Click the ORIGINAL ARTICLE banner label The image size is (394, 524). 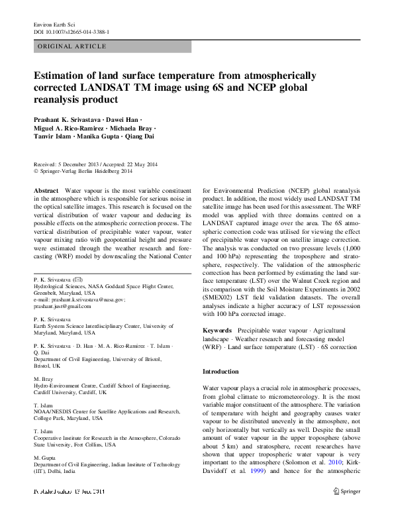tap(72, 46)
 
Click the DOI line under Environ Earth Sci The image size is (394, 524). tap(71, 31)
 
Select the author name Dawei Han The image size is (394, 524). tap(122, 118)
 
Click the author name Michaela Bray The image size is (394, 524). tap(134, 127)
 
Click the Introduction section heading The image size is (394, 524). tap(221, 372)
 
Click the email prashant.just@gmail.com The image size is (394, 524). tap(62, 306)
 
